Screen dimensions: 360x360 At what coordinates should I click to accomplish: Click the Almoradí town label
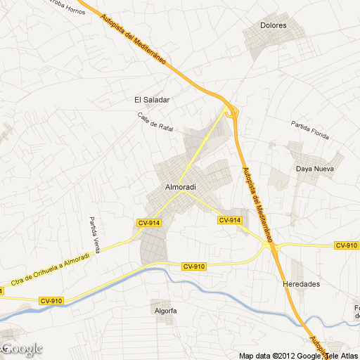(179, 187)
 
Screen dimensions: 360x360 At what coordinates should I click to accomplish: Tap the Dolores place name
(273, 25)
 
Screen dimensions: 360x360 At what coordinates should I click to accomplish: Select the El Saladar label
(152, 100)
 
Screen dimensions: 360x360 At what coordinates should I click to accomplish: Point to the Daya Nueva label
(314, 169)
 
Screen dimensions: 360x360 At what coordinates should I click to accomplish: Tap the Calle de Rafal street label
(155, 122)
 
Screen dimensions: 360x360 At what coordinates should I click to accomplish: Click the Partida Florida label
(310, 131)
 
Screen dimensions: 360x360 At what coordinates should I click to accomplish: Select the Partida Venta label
(93, 234)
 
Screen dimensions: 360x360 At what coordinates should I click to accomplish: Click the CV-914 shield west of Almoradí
(149, 223)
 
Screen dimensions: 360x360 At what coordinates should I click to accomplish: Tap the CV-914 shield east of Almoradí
(230, 220)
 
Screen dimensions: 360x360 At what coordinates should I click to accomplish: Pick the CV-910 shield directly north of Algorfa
(193, 266)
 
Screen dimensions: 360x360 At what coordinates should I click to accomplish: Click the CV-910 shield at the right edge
(346, 245)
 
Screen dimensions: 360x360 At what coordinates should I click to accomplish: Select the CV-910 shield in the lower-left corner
(51, 301)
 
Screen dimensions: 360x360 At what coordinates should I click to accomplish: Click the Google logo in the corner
(22, 348)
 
